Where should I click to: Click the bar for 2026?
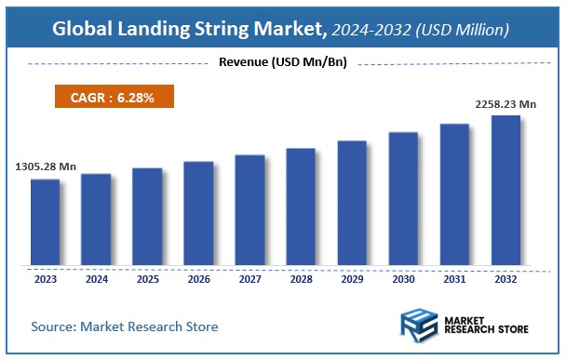coord(198,213)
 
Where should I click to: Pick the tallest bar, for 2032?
coord(505,190)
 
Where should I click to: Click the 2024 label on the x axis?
coord(96,278)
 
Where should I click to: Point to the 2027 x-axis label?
coord(249,278)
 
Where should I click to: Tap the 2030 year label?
coord(402,278)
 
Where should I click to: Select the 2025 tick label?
coord(147,278)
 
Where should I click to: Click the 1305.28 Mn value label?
coord(46,167)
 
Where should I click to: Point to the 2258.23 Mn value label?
coord(505,103)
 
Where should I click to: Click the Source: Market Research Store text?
coord(125,327)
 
